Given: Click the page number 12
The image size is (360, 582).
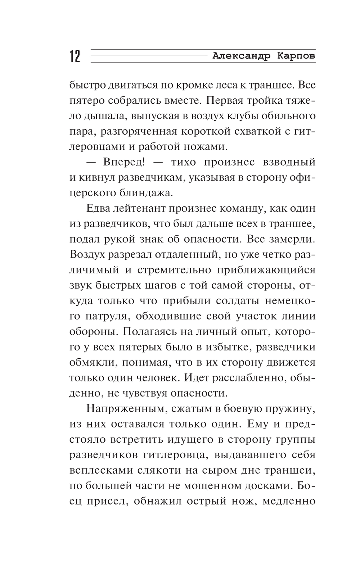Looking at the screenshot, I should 75,57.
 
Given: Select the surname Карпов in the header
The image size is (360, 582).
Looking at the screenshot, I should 297,56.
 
